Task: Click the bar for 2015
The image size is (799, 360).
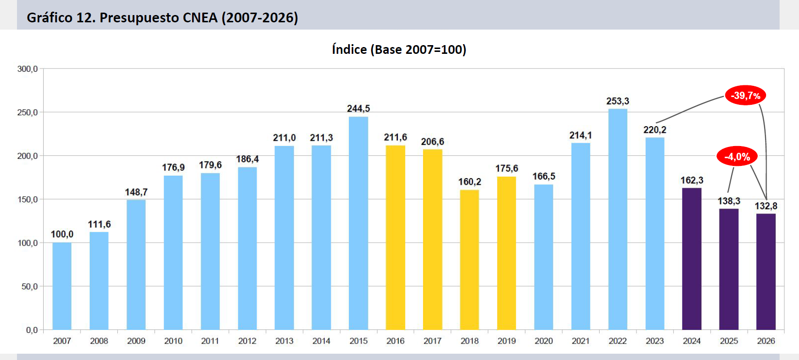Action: [x=359, y=223]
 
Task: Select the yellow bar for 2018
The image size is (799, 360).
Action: [x=470, y=260]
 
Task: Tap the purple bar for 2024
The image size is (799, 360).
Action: [x=692, y=259]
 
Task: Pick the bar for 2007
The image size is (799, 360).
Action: [x=62, y=286]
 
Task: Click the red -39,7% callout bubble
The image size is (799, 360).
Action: [x=746, y=95]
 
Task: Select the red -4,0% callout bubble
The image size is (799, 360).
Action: [x=737, y=156]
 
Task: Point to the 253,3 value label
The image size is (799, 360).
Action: [x=618, y=101]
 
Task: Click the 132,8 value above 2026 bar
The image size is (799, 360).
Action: [x=766, y=206]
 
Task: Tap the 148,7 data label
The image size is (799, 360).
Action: [x=136, y=192]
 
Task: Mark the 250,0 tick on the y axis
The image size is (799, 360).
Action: [x=28, y=113]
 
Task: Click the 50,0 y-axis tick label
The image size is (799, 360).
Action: [x=30, y=287]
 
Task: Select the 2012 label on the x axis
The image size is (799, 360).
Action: [x=247, y=341]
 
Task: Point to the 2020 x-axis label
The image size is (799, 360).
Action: [x=544, y=341]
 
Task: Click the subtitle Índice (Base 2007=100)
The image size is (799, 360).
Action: [x=399, y=49]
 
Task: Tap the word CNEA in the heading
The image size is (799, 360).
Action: [x=200, y=17]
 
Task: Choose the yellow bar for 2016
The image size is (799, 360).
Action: [x=395, y=238]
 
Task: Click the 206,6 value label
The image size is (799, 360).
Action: [x=432, y=142]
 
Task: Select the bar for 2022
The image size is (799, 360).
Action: [x=618, y=219]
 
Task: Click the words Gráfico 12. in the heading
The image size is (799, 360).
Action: [x=61, y=17]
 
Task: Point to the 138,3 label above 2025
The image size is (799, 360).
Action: [x=729, y=201]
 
